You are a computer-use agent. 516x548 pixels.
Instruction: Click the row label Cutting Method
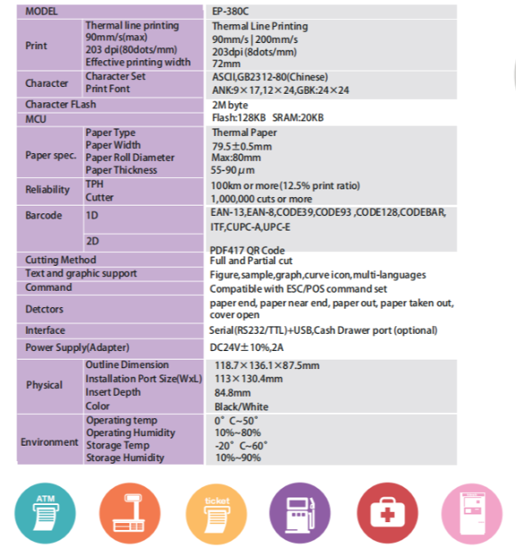click(x=60, y=260)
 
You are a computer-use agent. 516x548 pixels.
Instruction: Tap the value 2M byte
click(x=230, y=105)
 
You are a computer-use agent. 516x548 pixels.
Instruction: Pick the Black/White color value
click(x=242, y=406)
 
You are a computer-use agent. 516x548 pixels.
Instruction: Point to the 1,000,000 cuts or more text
click(x=261, y=199)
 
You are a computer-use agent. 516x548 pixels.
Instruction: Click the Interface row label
click(x=45, y=330)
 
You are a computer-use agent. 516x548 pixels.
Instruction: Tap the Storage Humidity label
click(x=125, y=458)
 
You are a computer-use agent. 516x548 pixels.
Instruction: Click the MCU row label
click(x=35, y=118)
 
